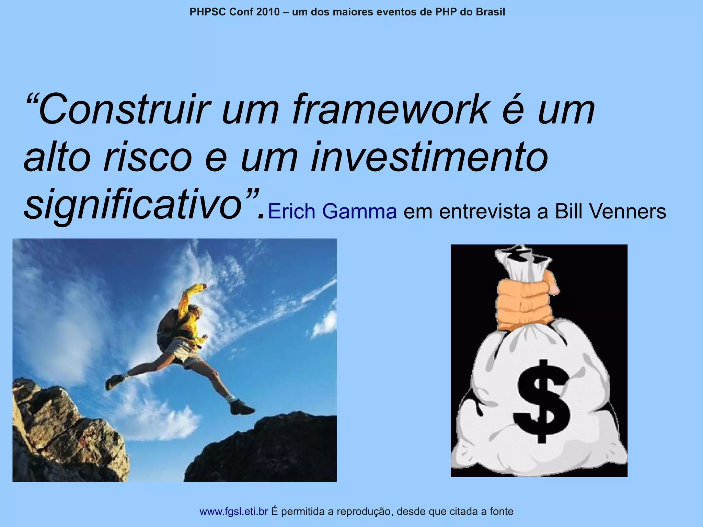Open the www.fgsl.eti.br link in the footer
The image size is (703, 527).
[x=233, y=512]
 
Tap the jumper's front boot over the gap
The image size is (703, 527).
[x=242, y=408]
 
